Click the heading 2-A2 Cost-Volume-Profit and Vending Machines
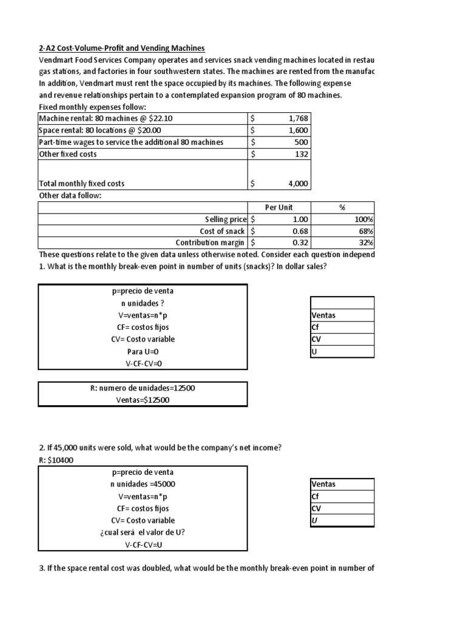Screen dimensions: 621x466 122,48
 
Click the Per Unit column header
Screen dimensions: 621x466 279,207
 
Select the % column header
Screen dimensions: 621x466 342,207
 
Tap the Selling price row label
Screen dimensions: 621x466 225,219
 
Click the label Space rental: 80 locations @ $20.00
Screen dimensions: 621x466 100,130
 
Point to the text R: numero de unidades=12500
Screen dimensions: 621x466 143,388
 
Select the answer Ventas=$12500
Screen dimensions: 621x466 143,400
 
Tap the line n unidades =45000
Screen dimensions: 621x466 143,484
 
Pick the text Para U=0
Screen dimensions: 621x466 143,352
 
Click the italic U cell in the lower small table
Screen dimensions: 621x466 314,520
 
